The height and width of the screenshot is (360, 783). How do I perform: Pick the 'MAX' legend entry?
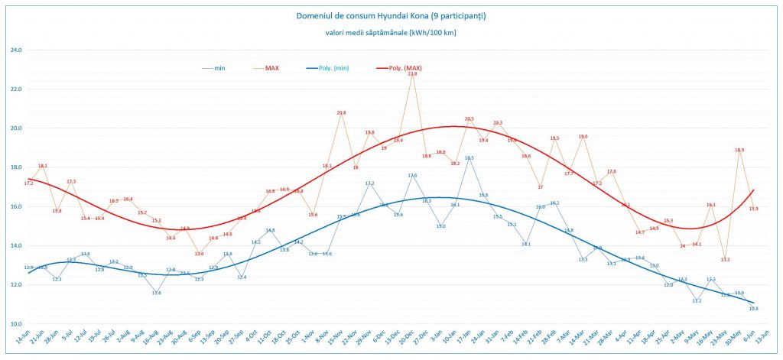pos(271,68)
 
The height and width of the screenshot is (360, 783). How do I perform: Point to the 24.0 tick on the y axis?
pos(15,50)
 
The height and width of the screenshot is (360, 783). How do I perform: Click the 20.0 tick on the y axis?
pos(15,128)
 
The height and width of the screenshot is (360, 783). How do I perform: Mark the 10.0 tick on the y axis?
pos(15,323)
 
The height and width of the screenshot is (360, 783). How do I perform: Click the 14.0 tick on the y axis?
pos(15,245)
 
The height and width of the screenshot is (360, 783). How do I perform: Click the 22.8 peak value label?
pos(413,74)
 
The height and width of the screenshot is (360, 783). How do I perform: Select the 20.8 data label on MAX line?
pos(341,113)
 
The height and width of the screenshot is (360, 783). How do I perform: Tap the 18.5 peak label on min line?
pos(469,158)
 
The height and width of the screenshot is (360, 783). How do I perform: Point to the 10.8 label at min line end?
pos(753,308)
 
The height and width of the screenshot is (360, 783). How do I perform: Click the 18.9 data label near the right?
pos(739,151)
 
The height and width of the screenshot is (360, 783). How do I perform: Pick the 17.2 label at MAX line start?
pos(28,183)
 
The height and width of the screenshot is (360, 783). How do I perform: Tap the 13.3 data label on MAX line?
pos(725,260)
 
